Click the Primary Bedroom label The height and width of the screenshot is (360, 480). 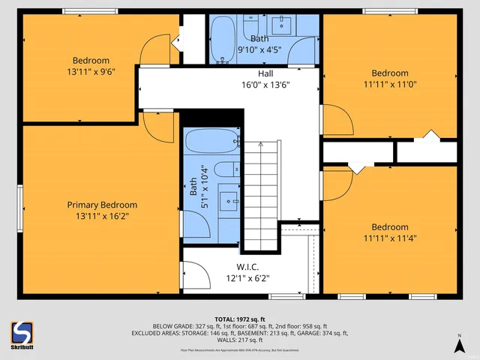coord(102,205)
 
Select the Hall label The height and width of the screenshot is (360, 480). coord(265,73)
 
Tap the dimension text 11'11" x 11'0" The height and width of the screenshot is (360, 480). coord(390,85)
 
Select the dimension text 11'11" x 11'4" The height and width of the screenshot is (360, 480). coord(390,238)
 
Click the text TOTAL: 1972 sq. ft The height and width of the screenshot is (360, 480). coord(239,319)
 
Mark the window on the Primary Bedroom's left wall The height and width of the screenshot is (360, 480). coord(20,205)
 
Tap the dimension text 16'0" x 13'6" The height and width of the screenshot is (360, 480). coord(265,85)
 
